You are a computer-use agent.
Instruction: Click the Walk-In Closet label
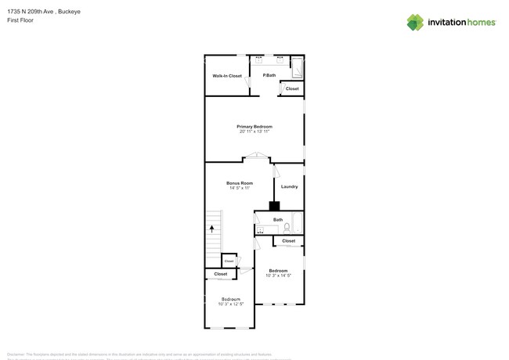[227, 76]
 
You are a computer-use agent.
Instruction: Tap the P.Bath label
[269, 75]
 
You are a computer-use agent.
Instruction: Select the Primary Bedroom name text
[254, 126]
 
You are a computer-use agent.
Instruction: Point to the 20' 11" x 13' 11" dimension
[254, 131]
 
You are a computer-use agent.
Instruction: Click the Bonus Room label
[240, 183]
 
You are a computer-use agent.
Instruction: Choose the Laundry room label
[289, 186]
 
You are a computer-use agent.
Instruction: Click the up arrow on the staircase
[211, 229]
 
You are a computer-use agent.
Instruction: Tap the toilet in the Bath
[287, 228]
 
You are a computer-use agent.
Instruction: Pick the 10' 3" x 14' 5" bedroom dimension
[278, 275]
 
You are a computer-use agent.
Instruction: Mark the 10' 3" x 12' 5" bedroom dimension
[231, 304]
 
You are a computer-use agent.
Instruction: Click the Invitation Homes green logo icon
[415, 22]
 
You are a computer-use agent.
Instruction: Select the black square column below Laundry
[274, 207]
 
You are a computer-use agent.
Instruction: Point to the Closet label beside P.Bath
[291, 89]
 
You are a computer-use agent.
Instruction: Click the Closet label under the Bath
[288, 241]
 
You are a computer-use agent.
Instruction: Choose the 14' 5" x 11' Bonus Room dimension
[240, 189]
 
